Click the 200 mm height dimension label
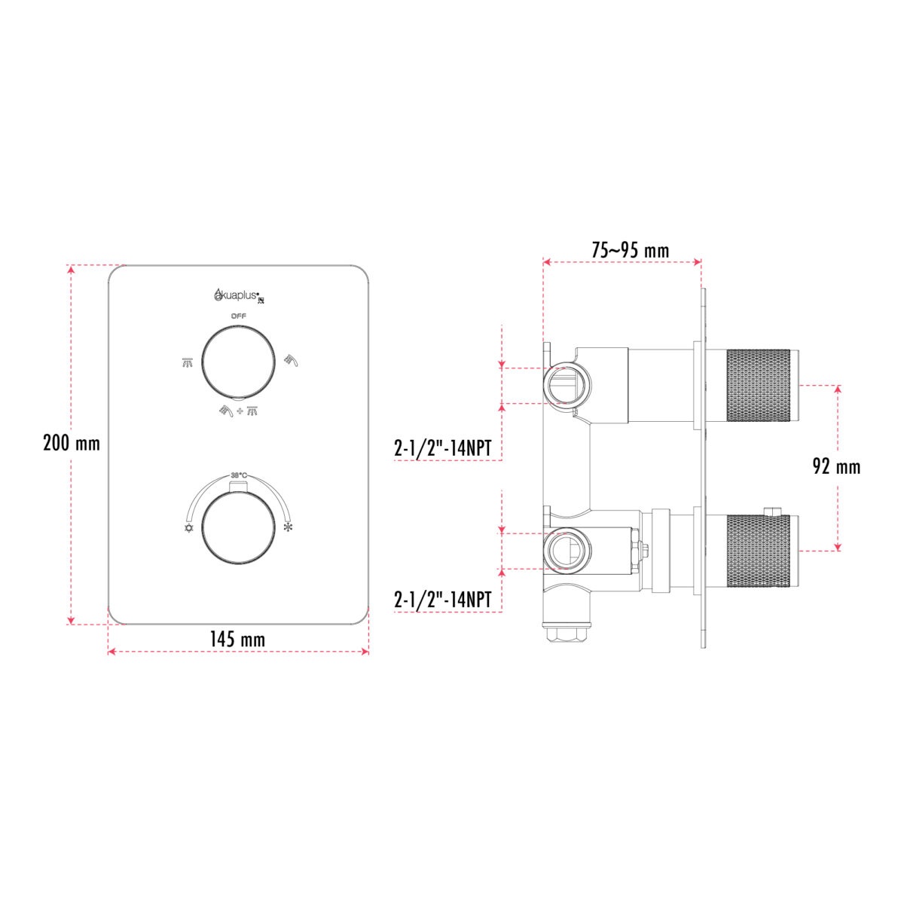[x=72, y=443]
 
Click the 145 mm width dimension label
[x=237, y=640]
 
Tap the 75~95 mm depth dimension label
[x=630, y=250]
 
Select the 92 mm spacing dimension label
[x=836, y=467]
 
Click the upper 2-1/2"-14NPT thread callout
[x=442, y=449]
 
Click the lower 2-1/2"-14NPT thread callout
[x=442, y=600]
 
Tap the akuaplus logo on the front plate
[x=238, y=295]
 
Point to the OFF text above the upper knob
[x=238, y=316]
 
